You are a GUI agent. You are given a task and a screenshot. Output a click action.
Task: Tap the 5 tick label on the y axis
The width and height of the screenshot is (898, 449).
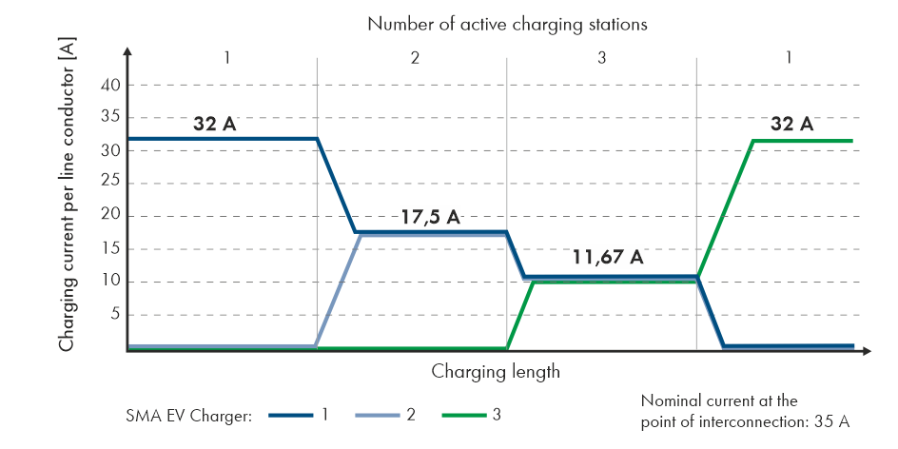tap(115, 315)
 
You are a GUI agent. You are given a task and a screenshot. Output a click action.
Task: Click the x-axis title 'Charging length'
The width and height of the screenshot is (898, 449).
tap(496, 371)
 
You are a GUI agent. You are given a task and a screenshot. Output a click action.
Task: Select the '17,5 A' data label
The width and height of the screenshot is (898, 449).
tap(428, 217)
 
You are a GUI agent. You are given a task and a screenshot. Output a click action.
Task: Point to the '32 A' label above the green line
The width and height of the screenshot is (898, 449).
tap(792, 124)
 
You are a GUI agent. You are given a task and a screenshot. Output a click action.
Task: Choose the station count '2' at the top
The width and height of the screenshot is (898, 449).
tap(415, 58)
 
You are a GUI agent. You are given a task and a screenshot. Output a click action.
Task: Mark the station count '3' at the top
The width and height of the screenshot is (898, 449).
tap(602, 58)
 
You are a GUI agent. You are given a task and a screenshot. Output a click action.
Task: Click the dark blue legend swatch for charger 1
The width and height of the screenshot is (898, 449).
tap(290, 416)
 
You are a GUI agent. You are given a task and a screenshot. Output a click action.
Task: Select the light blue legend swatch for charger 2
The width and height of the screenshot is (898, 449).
tap(378, 416)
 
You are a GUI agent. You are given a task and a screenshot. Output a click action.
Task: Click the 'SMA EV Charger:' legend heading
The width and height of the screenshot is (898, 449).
tap(187, 416)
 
